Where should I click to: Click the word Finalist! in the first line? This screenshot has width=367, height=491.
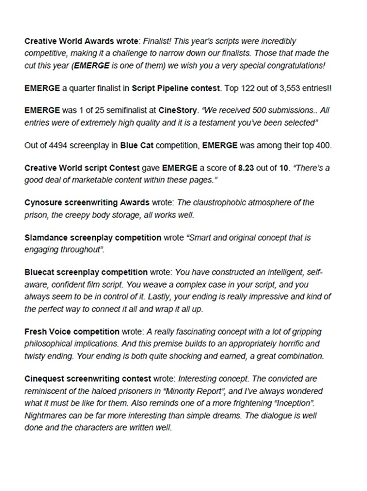158,41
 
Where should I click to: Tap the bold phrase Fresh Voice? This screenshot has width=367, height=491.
48,332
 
